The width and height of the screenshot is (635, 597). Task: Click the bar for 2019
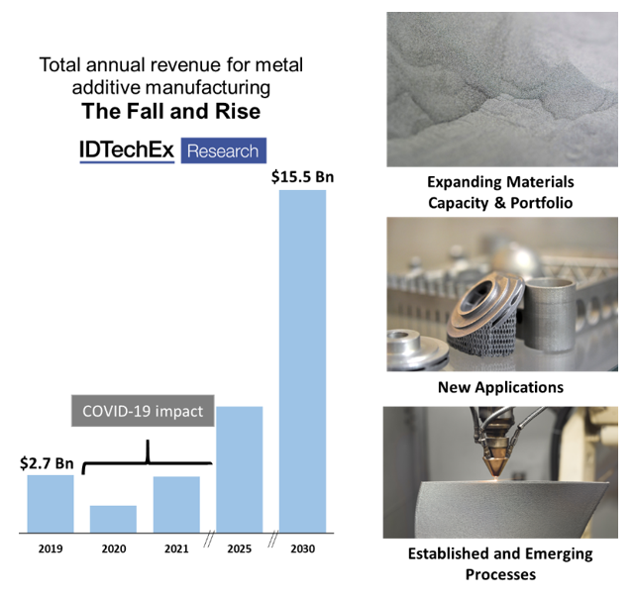50,504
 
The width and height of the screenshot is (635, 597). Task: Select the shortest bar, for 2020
113,519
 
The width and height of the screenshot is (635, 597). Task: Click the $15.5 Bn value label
302,178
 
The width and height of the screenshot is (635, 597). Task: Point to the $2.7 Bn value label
47,463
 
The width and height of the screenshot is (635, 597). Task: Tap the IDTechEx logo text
126,149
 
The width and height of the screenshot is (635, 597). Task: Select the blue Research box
224,150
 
